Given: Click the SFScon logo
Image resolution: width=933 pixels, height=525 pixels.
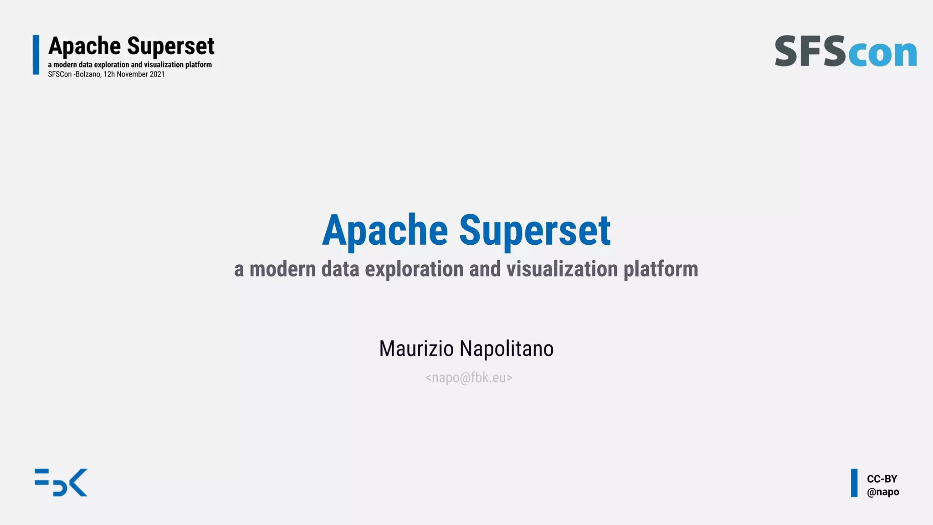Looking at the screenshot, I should [846, 51].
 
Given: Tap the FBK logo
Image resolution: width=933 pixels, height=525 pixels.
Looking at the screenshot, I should [61, 482].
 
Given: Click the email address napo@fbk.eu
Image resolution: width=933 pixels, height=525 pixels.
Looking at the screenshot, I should [469, 378].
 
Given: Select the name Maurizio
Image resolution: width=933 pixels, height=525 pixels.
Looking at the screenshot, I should [416, 349].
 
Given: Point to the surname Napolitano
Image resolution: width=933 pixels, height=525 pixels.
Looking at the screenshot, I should [507, 349].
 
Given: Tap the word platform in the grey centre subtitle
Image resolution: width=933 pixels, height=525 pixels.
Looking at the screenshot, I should [661, 269].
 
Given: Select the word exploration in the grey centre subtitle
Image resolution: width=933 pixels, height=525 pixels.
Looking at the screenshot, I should [415, 269].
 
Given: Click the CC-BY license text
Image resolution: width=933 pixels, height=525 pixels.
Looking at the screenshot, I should [882, 479].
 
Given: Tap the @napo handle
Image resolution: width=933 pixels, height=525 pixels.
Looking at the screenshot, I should [883, 492].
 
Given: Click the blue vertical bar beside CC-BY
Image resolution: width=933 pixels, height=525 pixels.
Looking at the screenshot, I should [854, 483].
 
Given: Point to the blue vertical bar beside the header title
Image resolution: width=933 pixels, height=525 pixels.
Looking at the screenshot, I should [36, 55].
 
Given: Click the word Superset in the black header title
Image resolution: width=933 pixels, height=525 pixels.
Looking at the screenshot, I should [170, 46].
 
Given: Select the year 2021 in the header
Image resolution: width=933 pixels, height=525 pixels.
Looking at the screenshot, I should [157, 74].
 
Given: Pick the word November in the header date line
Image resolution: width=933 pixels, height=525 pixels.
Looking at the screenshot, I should [132, 74].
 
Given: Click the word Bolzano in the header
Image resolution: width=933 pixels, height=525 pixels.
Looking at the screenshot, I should [88, 74].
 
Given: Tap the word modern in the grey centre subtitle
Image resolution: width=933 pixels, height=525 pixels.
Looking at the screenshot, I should [282, 269].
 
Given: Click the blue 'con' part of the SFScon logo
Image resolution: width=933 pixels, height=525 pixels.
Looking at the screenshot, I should [883, 53].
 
